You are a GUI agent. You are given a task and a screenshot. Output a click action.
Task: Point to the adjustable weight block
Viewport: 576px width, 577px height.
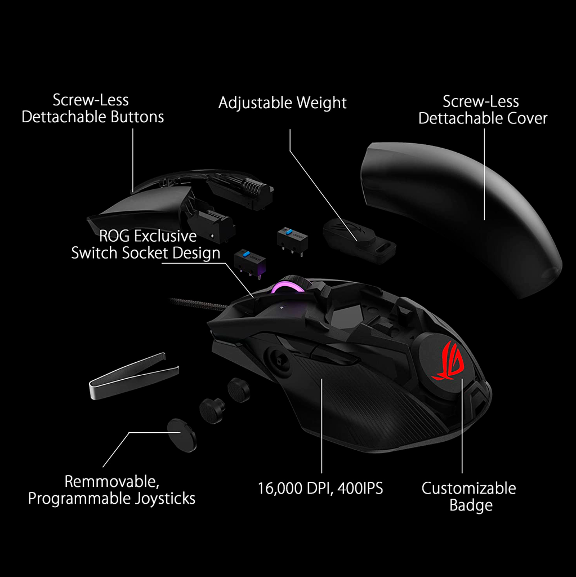[x=358, y=237]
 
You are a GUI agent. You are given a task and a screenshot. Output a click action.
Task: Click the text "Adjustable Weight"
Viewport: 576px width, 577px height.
[x=282, y=103]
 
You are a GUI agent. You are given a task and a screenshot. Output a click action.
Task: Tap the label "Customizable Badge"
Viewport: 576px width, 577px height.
[x=468, y=496]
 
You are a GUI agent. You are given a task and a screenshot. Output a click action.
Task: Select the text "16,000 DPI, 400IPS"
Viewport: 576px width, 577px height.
[x=320, y=488]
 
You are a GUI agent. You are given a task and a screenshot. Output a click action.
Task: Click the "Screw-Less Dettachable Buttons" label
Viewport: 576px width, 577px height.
[x=93, y=109]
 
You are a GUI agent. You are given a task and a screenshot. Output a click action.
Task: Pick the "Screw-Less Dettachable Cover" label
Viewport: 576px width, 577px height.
[x=483, y=110]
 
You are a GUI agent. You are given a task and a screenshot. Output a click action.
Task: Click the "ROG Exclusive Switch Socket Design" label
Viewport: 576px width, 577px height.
[x=146, y=244]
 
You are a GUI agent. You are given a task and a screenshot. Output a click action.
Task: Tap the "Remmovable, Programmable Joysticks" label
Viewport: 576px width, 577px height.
[x=111, y=490]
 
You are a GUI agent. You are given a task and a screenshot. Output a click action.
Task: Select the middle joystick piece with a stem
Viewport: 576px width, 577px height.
[x=213, y=407]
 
